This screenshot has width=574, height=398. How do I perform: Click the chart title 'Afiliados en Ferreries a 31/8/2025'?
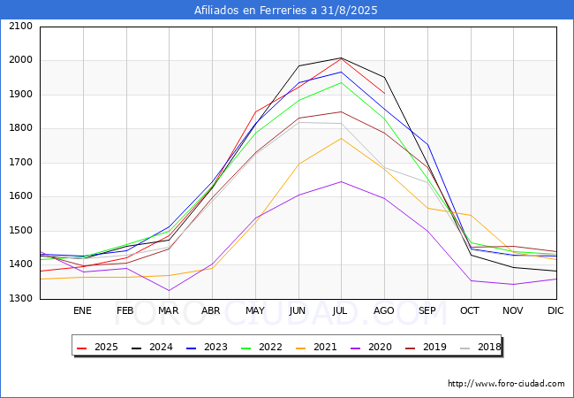(287, 11)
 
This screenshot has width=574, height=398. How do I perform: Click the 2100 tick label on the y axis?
(21, 27)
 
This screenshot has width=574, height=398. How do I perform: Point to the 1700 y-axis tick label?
(21, 163)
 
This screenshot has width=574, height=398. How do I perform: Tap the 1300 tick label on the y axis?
(21, 299)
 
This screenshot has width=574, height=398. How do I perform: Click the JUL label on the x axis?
(341, 310)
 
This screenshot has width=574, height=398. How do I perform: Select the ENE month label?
(82, 310)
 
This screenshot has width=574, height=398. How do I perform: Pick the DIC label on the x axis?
(555, 310)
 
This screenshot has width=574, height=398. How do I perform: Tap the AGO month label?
(384, 310)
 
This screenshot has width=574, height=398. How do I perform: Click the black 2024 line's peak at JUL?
(341, 58)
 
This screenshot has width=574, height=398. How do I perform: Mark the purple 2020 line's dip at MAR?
(169, 290)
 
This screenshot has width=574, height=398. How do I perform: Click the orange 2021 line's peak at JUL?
(341, 138)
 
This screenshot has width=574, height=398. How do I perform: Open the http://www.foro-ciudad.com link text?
(506, 384)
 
